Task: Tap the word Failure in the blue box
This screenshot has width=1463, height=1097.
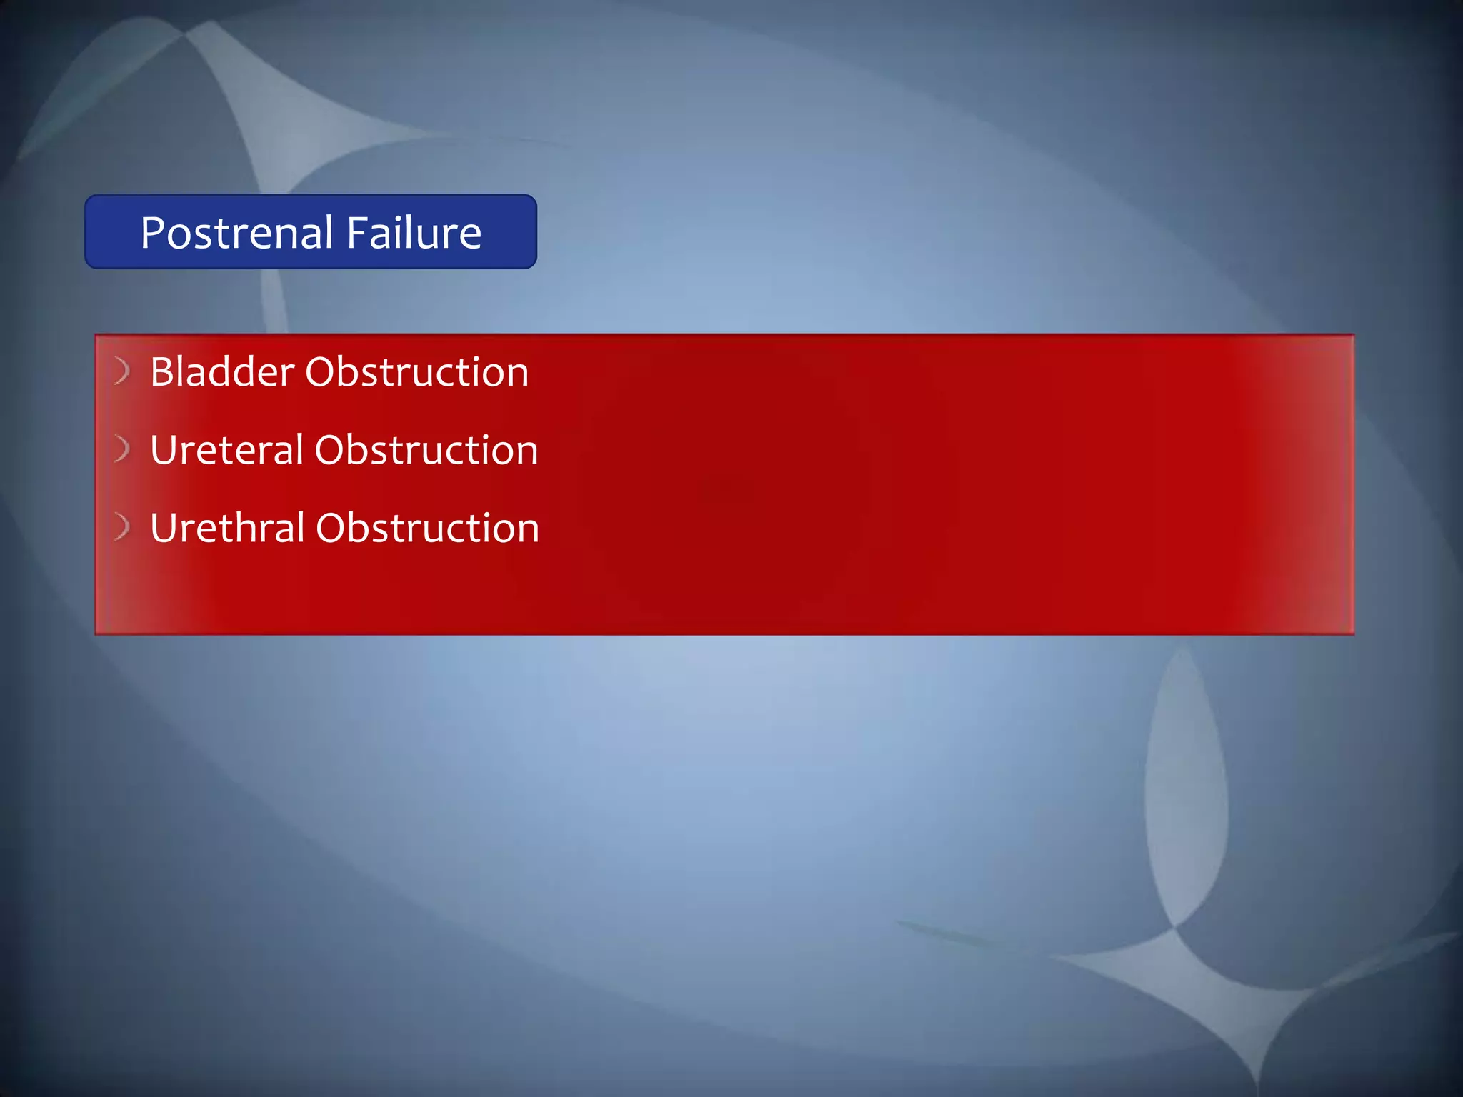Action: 414,233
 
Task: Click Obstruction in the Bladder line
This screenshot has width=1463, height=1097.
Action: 417,372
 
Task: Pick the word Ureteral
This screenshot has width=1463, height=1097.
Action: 227,450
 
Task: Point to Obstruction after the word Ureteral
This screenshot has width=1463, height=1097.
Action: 426,450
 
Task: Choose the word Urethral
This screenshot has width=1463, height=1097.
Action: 228,528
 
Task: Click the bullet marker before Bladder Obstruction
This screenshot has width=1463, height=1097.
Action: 122,371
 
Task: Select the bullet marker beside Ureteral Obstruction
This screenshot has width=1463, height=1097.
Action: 122,449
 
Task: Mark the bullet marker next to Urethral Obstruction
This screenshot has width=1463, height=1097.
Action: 122,526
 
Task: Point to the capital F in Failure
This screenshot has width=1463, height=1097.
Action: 357,233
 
